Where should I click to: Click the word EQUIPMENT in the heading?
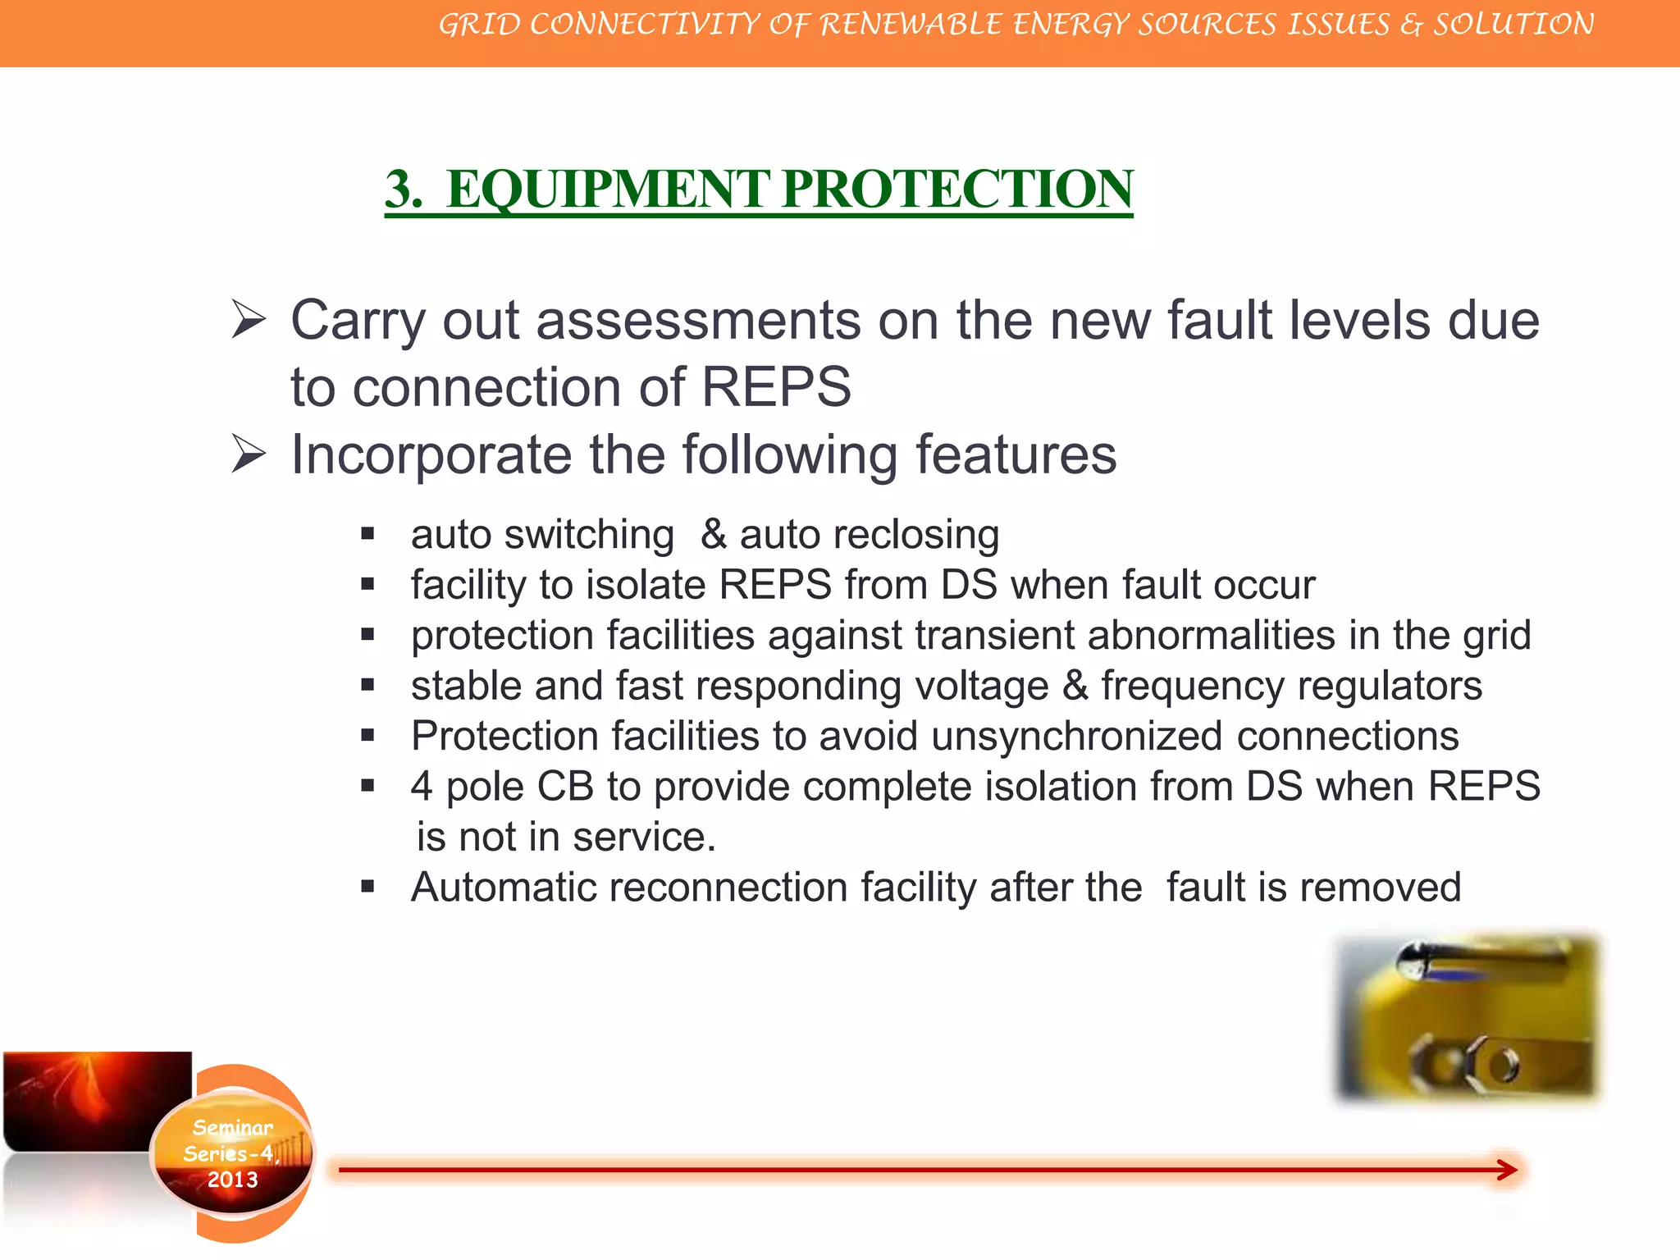click(607, 189)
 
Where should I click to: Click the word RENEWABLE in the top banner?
click(910, 25)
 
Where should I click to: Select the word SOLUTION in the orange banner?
click(1513, 25)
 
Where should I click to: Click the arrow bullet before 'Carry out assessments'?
click(249, 319)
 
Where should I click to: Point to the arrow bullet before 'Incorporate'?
click(249, 454)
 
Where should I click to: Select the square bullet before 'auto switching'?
click(367, 535)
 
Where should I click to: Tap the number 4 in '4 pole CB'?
click(422, 787)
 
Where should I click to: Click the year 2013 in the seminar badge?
click(232, 1180)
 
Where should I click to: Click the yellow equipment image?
click(1468, 1017)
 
